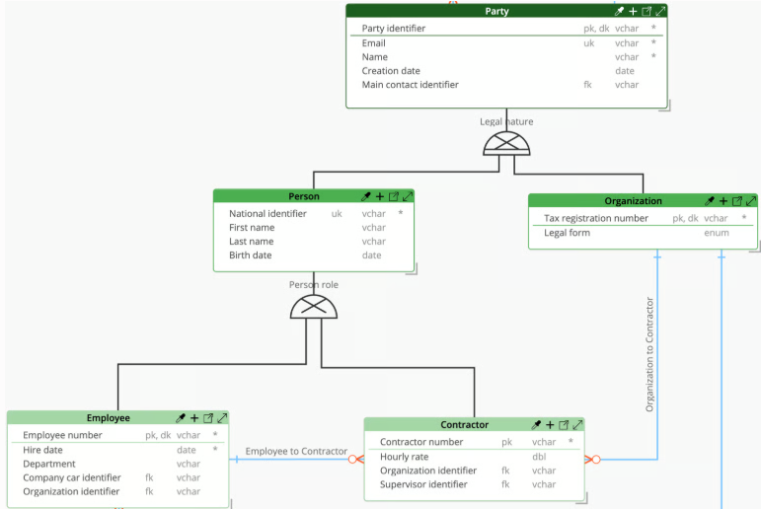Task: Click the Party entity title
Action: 496,11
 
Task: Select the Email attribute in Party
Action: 373,43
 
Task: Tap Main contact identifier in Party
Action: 410,85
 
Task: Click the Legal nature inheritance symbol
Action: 506,144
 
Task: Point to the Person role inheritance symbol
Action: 314,307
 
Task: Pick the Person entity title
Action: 304,196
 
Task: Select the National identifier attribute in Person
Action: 267,213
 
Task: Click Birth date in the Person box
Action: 250,255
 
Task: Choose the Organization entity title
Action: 633,201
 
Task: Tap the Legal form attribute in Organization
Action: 567,233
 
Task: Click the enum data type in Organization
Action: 717,233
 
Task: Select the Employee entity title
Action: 109,418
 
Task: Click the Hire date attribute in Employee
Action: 42,450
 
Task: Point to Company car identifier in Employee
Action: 72,477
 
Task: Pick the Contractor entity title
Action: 464,424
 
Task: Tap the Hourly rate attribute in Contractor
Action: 405,457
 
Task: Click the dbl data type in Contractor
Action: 539,457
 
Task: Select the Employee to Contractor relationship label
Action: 296,451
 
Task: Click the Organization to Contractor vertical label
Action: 649,354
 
